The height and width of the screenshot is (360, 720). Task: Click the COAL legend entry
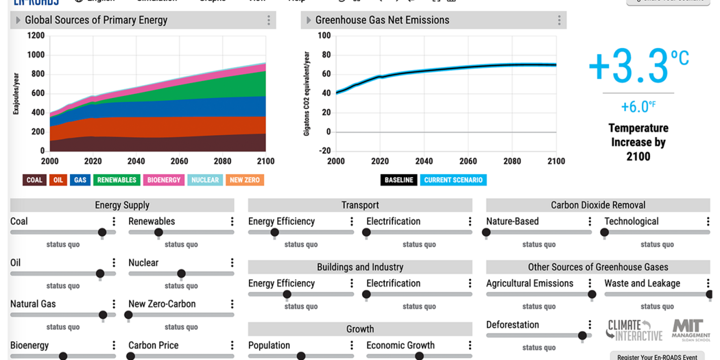pos(34,180)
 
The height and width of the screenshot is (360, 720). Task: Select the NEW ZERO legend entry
pos(245,180)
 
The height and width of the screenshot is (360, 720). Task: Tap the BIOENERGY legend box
pos(164,180)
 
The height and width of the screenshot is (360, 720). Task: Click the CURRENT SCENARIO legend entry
pos(453,180)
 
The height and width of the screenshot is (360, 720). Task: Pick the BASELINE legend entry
pos(398,180)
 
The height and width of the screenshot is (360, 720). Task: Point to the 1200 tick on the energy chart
pos(36,36)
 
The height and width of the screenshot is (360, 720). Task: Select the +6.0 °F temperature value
pos(638,107)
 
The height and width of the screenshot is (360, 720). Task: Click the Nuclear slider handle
pos(181,274)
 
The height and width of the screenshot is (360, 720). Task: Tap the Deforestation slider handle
pos(582,336)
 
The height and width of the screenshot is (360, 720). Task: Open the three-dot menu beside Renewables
pos(232,221)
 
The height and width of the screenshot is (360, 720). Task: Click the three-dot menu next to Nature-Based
pos(590,221)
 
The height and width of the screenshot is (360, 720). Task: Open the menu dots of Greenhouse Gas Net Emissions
pos(559,21)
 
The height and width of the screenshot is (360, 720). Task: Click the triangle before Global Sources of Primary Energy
pos(18,21)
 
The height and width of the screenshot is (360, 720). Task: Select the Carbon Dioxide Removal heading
pos(598,205)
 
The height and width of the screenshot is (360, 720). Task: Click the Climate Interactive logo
pos(634,330)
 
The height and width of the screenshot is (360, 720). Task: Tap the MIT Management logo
pos(691,330)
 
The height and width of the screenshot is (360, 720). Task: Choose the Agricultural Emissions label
pos(529,283)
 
